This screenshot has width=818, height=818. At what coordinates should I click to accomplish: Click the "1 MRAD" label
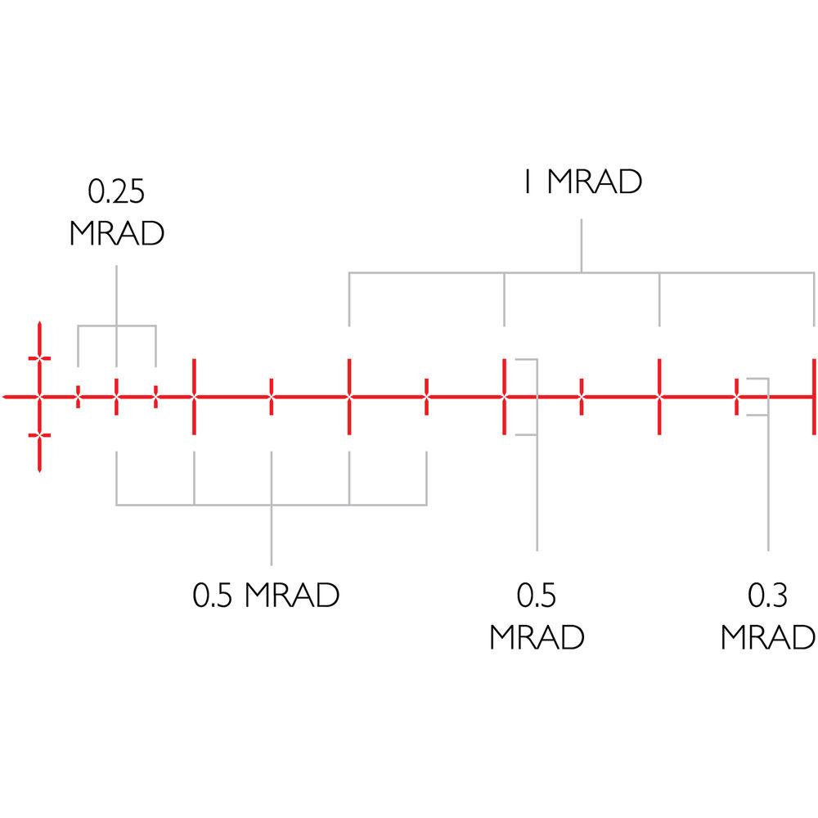pos(582,182)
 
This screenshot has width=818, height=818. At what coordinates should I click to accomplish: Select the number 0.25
pos(117,191)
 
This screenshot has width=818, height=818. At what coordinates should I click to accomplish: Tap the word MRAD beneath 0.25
pos(117,232)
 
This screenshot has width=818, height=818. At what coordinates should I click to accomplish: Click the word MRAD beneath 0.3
pos(768,637)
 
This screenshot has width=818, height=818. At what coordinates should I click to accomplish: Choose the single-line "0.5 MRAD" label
pos(266,596)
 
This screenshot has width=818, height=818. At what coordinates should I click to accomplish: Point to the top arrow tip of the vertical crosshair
pos(39,325)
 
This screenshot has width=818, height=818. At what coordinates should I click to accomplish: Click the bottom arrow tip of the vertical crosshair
pos(39,470)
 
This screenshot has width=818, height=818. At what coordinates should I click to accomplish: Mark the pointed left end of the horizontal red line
pos(4,398)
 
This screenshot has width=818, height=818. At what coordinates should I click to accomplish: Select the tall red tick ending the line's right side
pos(813,397)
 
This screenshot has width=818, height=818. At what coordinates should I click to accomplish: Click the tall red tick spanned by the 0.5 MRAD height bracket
pos(505,397)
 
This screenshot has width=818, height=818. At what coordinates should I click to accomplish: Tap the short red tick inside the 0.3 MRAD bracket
pos(737,397)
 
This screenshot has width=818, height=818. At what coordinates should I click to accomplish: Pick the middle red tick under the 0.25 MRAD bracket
pos(117,398)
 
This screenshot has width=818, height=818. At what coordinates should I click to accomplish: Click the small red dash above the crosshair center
pos(39,358)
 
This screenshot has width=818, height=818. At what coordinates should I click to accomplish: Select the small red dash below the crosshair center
pos(39,436)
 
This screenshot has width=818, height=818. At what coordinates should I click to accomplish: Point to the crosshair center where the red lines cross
pos(39,398)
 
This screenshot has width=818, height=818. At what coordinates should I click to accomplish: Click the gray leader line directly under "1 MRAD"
pos(582,245)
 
